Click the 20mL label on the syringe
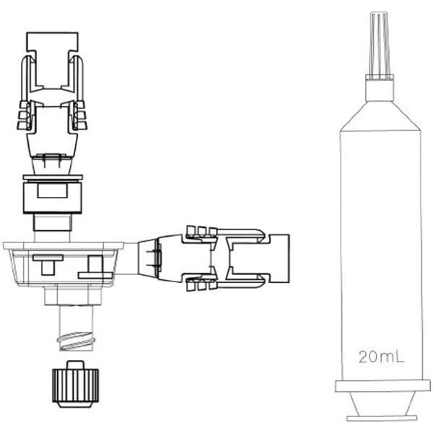[x=381, y=357]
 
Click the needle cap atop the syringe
[x=380, y=44]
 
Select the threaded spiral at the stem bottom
[x=76, y=341]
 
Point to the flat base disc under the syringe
[x=382, y=418]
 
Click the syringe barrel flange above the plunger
[x=382, y=386]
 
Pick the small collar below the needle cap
[x=380, y=88]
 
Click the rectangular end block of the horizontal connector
[x=279, y=258]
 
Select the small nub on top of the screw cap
[x=75, y=365]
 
